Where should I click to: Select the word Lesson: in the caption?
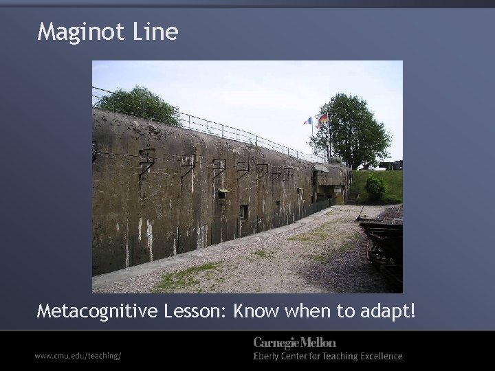[196, 312]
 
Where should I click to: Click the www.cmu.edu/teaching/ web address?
[78, 356]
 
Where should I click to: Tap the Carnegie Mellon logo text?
[295, 342]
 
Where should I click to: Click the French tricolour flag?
[308, 121]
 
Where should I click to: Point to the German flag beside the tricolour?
[322, 118]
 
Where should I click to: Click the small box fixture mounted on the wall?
[222, 194]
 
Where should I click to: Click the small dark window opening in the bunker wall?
[244, 211]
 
